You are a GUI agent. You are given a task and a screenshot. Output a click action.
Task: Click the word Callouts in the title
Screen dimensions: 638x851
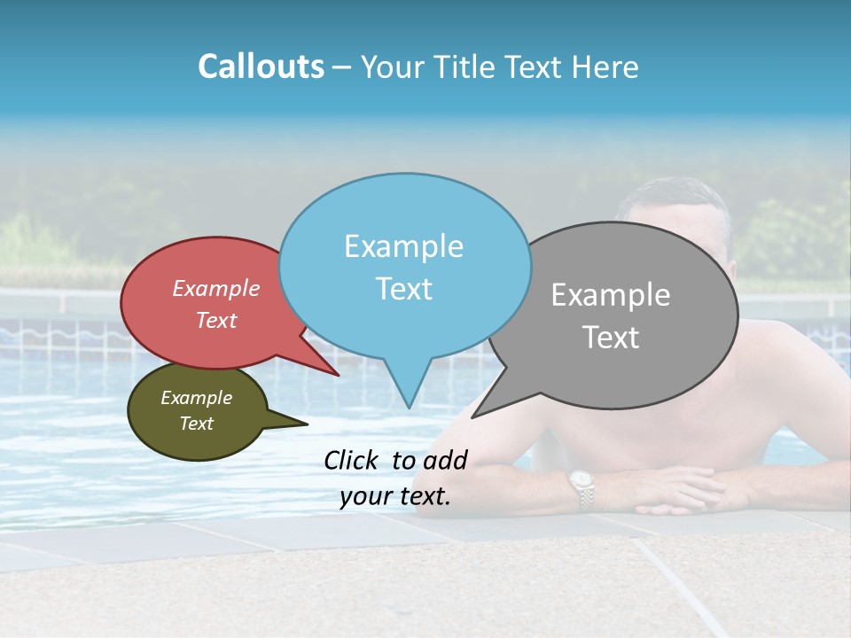click(x=261, y=66)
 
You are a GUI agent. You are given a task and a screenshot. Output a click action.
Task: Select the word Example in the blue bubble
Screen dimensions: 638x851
click(x=403, y=246)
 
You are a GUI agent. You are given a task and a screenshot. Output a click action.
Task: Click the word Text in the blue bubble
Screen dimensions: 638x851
click(x=403, y=288)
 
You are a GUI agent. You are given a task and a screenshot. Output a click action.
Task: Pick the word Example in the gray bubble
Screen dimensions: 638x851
click(x=611, y=295)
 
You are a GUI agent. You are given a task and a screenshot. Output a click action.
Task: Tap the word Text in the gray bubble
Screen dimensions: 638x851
click(x=611, y=337)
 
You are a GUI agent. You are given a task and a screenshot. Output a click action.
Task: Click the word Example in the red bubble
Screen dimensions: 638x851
click(x=216, y=288)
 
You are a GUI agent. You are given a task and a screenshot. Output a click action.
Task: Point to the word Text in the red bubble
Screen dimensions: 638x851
click(x=216, y=320)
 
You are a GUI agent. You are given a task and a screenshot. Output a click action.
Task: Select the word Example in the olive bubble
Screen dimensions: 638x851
click(x=197, y=398)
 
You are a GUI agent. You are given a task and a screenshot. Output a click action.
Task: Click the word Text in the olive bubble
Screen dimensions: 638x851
click(x=197, y=424)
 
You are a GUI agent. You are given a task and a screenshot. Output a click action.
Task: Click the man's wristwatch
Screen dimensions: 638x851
click(x=582, y=488)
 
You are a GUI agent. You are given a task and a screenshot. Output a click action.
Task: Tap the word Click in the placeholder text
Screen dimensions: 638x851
click(x=353, y=460)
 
